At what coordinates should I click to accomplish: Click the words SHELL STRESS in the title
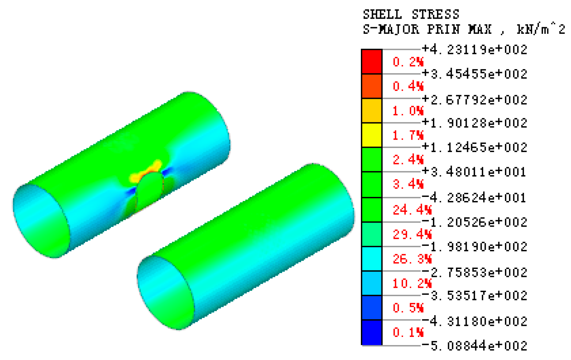pos(411,15)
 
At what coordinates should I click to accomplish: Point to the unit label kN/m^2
pos(541,29)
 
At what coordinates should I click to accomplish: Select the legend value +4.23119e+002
pos(475,49)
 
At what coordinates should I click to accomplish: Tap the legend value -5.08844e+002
pos(475,346)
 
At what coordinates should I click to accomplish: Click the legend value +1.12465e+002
pos(475,147)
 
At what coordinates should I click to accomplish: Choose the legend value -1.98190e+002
pos(475,247)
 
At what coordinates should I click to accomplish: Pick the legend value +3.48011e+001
pos(475,172)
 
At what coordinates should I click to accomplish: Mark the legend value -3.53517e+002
pos(475,296)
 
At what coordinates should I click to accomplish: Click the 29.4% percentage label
pos(412,235)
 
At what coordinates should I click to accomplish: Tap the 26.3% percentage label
pos(412,259)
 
